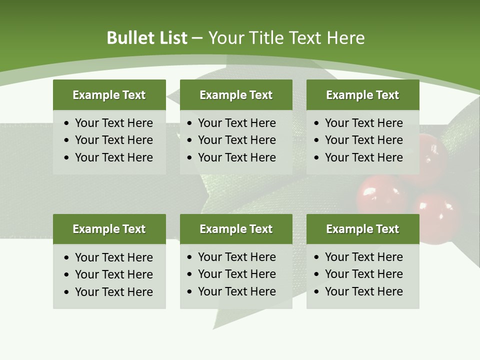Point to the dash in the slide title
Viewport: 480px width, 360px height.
click(197, 38)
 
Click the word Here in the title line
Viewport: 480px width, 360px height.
click(345, 38)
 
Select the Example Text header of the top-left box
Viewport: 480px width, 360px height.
click(109, 95)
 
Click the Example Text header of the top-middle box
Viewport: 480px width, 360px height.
click(236, 95)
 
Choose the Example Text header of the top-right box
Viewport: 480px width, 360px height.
click(362, 95)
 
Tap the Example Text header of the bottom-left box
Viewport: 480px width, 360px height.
click(109, 229)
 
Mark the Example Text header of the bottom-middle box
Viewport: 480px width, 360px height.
click(236, 229)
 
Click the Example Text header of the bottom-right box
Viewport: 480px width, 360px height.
click(362, 229)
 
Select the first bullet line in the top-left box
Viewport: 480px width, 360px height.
click(113, 123)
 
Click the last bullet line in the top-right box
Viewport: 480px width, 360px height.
click(363, 157)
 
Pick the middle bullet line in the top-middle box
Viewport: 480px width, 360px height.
click(236, 140)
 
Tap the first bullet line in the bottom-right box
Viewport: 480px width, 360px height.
click(363, 257)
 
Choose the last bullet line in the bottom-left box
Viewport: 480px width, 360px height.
click(113, 292)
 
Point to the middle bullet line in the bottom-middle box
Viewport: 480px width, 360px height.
click(236, 274)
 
